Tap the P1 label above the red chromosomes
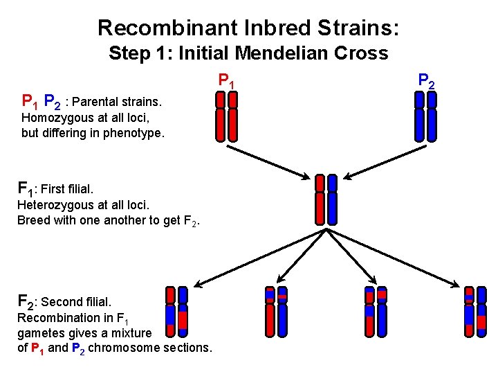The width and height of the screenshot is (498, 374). click(226, 82)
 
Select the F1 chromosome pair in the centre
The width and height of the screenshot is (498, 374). click(326, 199)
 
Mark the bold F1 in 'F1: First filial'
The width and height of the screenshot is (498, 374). click(25, 188)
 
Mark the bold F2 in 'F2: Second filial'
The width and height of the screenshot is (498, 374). click(26, 301)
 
